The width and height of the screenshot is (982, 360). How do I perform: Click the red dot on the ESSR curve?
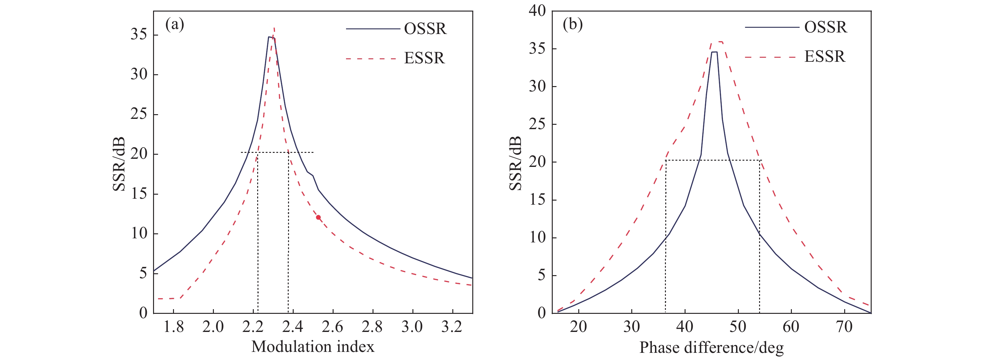point(318,217)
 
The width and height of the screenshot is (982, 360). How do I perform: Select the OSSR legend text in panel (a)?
point(425,29)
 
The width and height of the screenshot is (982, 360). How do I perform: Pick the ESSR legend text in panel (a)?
point(424,58)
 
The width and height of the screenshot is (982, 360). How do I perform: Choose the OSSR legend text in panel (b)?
point(826,27)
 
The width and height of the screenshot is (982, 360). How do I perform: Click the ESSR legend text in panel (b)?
point(825,56)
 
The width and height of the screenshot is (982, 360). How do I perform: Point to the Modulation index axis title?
point(313,347)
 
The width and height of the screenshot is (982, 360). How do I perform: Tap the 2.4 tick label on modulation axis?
point(292,327)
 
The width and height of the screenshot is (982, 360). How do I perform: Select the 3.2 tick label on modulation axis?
point(452,327)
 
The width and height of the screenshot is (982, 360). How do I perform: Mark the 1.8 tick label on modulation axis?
point(173,327)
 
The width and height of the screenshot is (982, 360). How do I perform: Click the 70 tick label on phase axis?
point(844,327)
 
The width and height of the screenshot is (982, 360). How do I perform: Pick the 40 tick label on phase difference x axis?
point(685,327)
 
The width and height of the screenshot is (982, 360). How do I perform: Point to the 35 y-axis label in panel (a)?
point(139,35)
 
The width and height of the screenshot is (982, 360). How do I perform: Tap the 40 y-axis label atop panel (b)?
point(537,11)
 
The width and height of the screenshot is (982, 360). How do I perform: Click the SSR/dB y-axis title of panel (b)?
point(515,163)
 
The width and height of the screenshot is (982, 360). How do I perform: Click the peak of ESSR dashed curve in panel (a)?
point(274,28)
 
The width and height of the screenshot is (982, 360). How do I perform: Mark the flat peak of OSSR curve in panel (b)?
point(714,52)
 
